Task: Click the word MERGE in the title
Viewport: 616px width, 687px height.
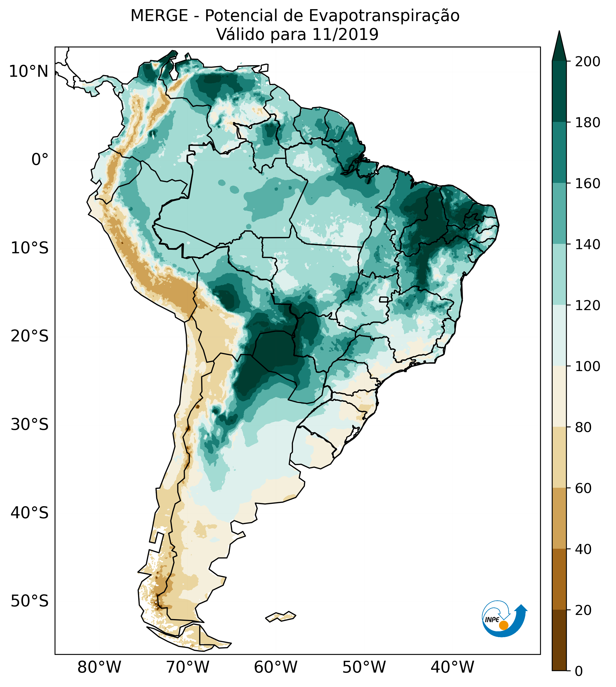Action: [159, 16]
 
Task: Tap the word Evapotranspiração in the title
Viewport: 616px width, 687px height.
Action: [384, 16]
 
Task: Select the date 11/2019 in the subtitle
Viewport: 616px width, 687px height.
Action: [345, 35]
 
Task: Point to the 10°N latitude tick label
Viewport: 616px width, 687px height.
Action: [29, 72]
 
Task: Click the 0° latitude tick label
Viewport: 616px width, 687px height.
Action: [40, 160]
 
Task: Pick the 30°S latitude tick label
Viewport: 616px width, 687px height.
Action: [30, 425]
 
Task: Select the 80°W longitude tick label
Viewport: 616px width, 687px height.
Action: [99, 667]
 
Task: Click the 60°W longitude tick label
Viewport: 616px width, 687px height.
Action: [276, 667]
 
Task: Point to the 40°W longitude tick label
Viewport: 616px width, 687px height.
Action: [453, 667]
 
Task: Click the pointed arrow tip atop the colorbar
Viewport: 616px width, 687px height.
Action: [559, 34]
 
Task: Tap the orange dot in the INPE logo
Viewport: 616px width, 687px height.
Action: [503, 625]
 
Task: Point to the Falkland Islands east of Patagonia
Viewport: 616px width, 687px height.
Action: [281, 616]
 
